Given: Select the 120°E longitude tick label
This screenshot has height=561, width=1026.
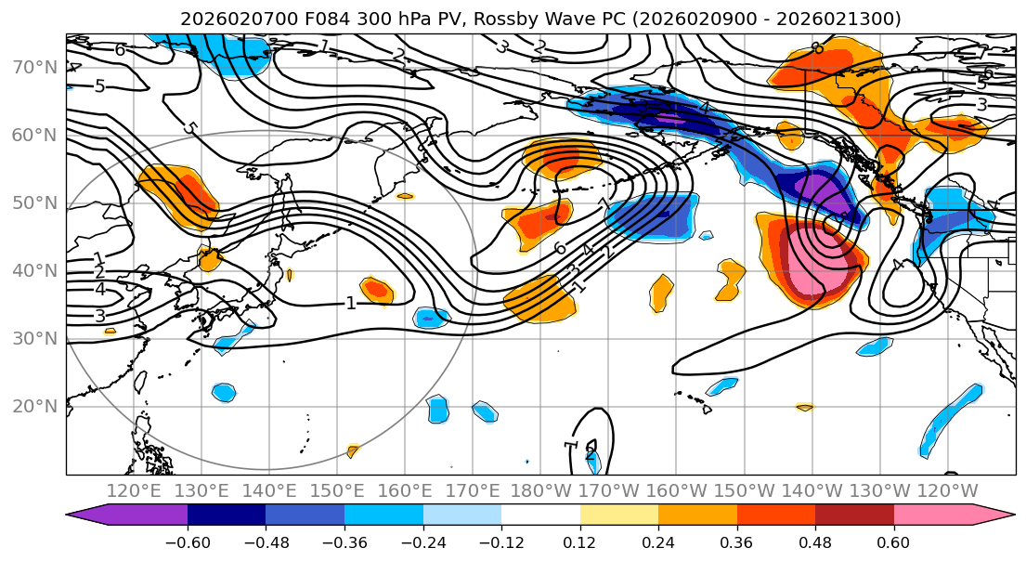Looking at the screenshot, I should (x=135, y=490).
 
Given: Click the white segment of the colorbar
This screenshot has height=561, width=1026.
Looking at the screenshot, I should (x=540, y=515).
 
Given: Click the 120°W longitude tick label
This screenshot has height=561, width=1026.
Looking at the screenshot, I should (x=947, y=490).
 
